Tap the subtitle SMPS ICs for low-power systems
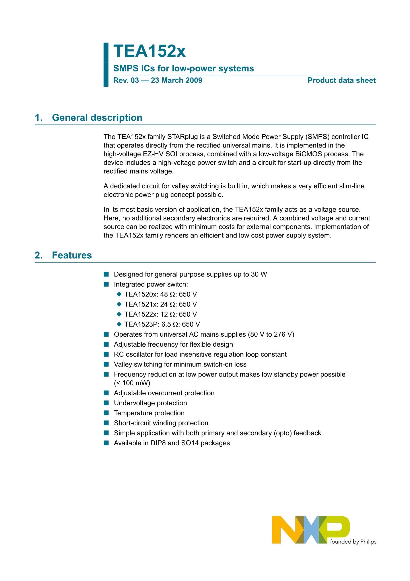click(183, 68)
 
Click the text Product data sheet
click(342, 80)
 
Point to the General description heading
click(97, 118)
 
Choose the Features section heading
click(72, 255)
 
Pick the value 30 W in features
click(259, 275)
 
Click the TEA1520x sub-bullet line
click(160, 294)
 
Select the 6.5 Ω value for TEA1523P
click(169, 324)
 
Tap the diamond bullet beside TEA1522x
click(119, 314)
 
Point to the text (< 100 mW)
click(132, 383)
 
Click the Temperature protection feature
click(149, 413)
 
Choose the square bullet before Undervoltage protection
click(106, 403)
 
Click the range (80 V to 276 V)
click(271, 335)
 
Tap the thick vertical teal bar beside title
click(106, 65)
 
